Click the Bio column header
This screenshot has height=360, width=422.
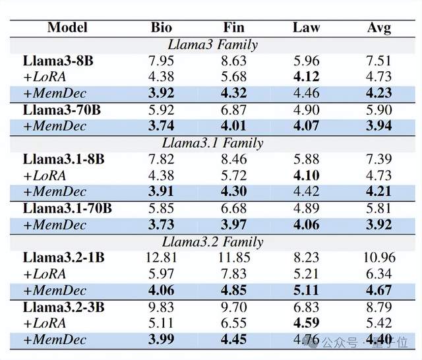click(x=162, y=28)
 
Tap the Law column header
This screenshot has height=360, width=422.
click(x=307, y=28)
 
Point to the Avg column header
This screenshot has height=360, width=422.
click(x=379, y=28)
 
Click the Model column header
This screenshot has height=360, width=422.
click(x=67, y=28)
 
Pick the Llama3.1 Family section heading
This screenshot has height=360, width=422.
click(x=212, y=143)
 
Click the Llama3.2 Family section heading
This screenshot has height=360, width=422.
click(x=212, y=242)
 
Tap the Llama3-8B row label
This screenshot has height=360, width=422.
click(x=59, y=61)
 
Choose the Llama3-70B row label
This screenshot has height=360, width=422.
click(x=62, y=110)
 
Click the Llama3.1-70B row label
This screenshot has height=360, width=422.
click(x=67, y=208)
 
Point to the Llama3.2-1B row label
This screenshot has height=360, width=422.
click(x=64, y=258)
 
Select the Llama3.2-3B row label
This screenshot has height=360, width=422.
click(x=64, y=307)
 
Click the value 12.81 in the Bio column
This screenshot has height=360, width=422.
click(x=162, y=258)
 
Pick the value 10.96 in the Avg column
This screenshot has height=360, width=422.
click(x=379, y=258)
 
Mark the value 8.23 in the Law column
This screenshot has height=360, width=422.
click(x=307, y=258)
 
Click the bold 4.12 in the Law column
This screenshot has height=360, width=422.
click(x=307, y=77)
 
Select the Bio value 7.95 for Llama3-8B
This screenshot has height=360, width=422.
click(x=162, y=61)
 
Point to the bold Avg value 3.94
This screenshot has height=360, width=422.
click(x=379, y=127)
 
